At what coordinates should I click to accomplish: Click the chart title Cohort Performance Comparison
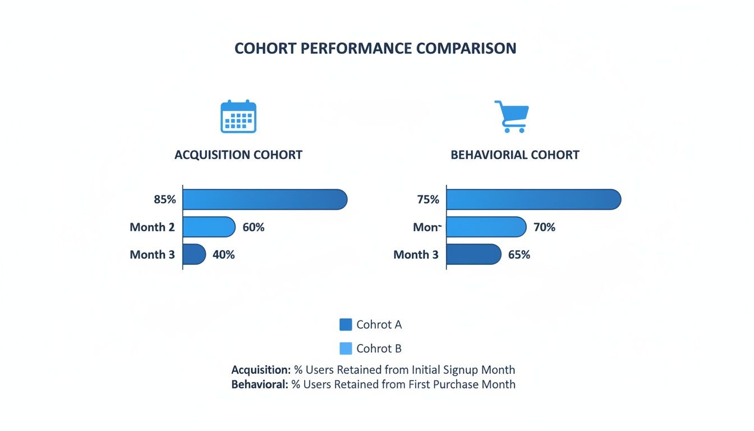tap(375, 48)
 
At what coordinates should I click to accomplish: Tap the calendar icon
tap(238, 117)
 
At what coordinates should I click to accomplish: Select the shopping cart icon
tap(511, 117)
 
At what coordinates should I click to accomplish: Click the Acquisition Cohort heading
tap(238, 155)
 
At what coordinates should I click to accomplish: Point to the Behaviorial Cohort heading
tap(515, 155)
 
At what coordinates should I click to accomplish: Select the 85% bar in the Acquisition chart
tap(265, 200)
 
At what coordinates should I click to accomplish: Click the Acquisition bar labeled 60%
tap(209, 227)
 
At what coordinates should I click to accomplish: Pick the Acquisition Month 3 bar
tap(194, 255)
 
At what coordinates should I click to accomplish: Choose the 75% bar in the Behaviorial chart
tap(533, 200)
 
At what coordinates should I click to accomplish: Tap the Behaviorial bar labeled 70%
tap(486, 227)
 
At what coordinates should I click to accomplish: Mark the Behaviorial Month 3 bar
tap(473, 255)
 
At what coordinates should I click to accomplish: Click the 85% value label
tap(163, 200)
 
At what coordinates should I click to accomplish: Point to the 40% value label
tap(224, 255)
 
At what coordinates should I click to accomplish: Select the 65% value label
tap(519, 255)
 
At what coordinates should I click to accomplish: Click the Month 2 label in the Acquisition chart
tap(152, 227)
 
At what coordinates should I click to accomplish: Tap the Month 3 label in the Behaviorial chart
tap(416, 255)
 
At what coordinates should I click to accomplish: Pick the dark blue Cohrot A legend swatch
tap(346, 324)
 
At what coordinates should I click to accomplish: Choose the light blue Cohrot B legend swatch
tap(346, 349)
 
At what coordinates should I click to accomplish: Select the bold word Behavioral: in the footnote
tap(260, 384)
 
